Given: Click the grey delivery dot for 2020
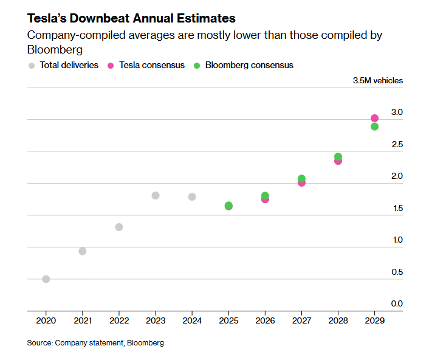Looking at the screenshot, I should point(46,279).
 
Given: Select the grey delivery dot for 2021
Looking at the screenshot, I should point(83,251).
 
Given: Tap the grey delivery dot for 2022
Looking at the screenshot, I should point(119,227).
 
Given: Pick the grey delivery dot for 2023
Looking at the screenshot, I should point(156,195).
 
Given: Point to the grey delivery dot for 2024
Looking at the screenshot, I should point(192,196).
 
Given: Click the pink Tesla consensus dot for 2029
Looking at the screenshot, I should point(375,118).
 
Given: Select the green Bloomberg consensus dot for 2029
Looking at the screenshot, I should point(375,126).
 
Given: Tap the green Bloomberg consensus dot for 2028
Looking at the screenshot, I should point(338,157).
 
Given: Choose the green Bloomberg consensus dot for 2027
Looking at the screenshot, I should point(302,179).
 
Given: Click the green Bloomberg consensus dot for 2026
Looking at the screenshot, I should point(265,196).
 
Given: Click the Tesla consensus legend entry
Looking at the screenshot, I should point(146,65).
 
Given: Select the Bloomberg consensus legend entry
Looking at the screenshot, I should point(244,65).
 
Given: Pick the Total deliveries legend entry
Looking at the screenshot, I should point(64,65).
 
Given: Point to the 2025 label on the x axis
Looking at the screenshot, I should point(228,320).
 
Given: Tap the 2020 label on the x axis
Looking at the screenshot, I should point(46,320).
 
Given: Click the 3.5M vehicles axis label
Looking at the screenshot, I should point(378,80).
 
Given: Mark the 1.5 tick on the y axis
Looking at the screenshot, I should point(397,208).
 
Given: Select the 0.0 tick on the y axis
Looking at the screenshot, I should point(397,303).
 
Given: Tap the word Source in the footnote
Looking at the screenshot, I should point(39,343).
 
